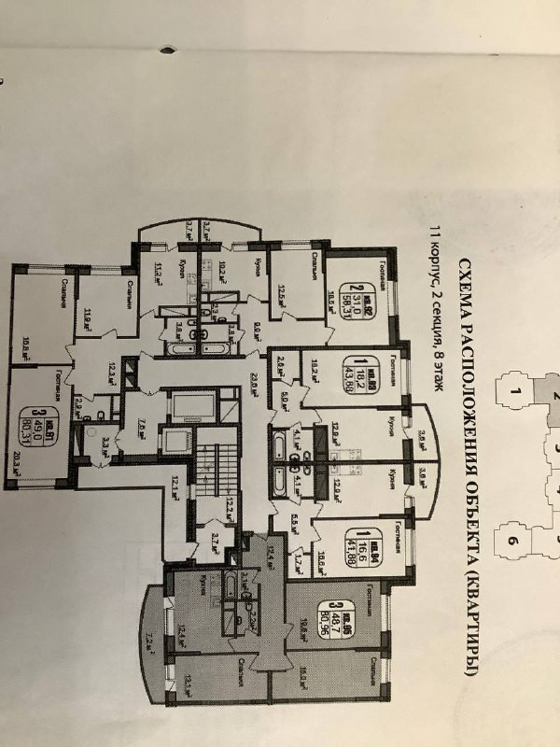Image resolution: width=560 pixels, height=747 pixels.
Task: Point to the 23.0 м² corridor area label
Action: (253, 385)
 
